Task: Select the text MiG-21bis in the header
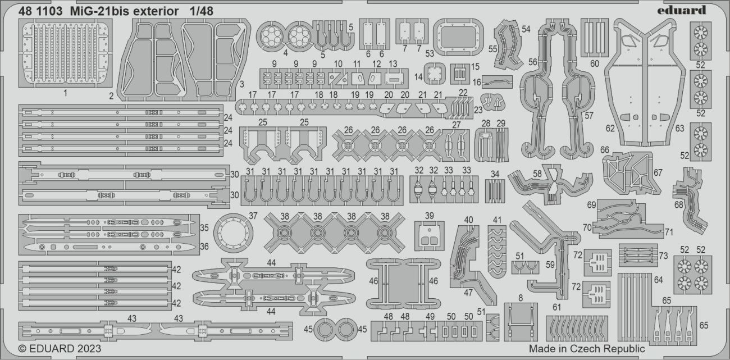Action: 85,11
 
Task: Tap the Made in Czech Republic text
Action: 587,349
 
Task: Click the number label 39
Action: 430,216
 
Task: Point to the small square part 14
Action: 431,74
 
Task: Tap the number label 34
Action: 495,174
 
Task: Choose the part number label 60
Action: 595,63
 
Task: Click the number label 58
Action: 537,175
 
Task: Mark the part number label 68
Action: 678,204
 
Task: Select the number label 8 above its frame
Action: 521,298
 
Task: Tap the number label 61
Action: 556,307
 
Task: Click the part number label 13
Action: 393,63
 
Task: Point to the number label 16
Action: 476,83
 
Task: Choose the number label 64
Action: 658,279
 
